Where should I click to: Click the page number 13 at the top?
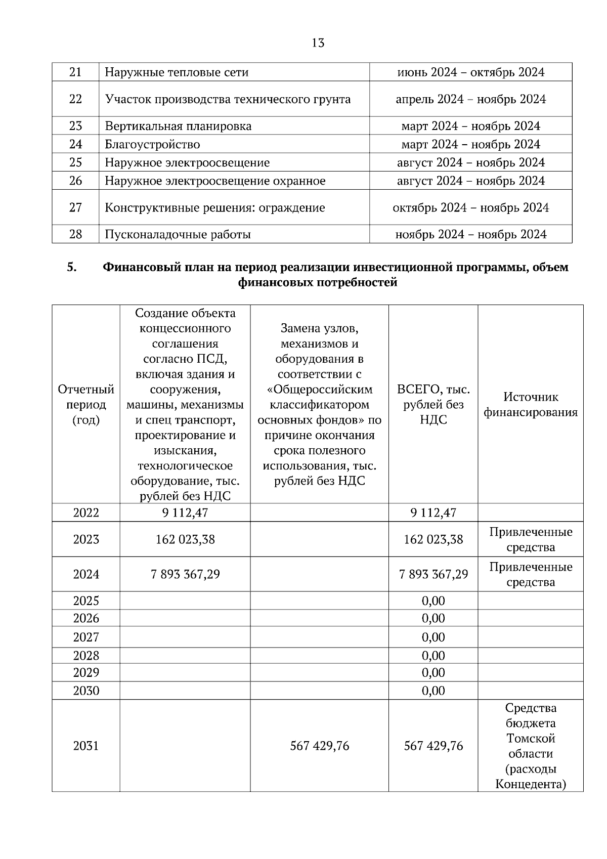pyautogui.click(x=318, y=43)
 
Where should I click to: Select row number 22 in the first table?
pyautogui.click(x=75, y=99)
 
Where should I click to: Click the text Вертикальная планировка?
pyautogui.click(x=178, y=126)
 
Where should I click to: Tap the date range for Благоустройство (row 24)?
pyautogui.click(x=470, y=145)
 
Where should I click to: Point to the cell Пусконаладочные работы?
pyautogui.click(x=178, y=235)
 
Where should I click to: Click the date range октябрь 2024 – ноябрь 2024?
pyautogui.click(x=470, y=208)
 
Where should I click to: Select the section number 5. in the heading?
pyautogui.click(x=72, y=267)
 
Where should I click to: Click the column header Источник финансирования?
pyautogui.click(x=530, y=405)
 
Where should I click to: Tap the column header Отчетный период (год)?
pyautogui.click(x=86, y=405)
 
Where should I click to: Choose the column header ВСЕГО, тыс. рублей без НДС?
pyautogui.click(x=433, y=405)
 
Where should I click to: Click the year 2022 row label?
pyautogui.click(x=86, y=513)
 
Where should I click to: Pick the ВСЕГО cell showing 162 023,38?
pyautogui.click(x=433, y=540)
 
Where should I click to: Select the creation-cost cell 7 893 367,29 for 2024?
pyautogui.click(x=185, y=575)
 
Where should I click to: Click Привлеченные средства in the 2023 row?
pyautogui.click(x=531, y=540)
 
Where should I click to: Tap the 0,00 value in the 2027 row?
pyautogui.click(x=433, y=637)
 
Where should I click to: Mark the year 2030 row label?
pyautogui.click(x=86, y=691)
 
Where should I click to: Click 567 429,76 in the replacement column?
pyautogui.click(x=320, y=746)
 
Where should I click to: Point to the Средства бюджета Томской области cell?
pyautogui.click(x=531, y=746)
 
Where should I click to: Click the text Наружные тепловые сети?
pyautogui.click(x=177, y=72)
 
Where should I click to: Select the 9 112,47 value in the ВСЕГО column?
pyautogui.click(x=433, y=513)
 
